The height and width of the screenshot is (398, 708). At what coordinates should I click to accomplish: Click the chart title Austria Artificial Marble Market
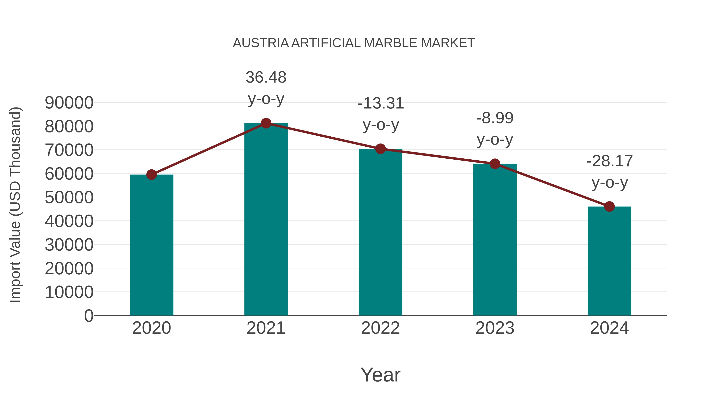pyautogui.click(x=354, y=43)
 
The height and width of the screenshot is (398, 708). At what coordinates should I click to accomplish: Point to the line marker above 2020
pyautogui.click(x=151, y=174)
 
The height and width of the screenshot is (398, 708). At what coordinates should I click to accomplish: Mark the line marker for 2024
pyautogui.click(x=609, y=206)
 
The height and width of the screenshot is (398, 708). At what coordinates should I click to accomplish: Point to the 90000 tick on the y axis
pyautogui.click(x=69, y=103)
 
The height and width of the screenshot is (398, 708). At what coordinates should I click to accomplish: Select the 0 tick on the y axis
pyautogui.click(x=88, y=316)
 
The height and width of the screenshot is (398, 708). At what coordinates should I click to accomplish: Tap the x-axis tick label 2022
pyautogui.click(x=380, y=328)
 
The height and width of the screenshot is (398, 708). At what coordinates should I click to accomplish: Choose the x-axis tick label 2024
pyautogui.click(x=609, y=328)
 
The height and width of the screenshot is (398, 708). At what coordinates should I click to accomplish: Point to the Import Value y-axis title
pyautogui.click(x=15, y=205)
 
